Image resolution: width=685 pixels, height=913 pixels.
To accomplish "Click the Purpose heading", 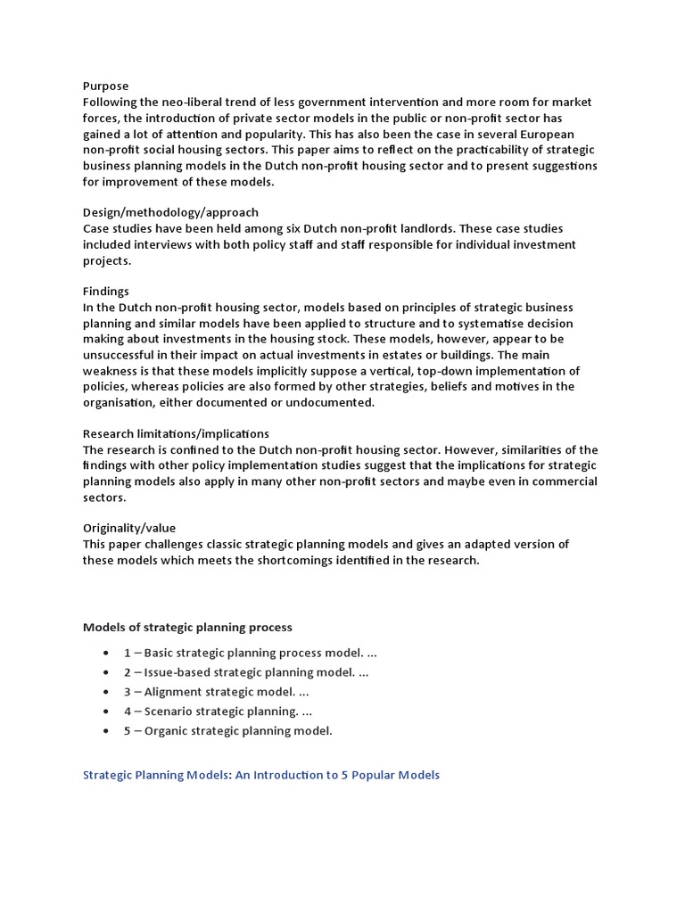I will [x=105, y=86].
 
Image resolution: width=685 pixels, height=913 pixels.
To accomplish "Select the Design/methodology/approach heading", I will [x=170, y=212].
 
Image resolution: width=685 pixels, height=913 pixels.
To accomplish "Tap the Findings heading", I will [x=106, y=292].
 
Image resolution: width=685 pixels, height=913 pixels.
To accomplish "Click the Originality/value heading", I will [x=135, y=528].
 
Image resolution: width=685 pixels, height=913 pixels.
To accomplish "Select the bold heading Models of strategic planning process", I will [x=187, y=628].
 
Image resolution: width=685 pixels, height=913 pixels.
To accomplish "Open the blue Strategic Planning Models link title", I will [x=261, y=775].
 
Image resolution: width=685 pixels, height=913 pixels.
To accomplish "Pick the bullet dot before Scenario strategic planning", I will [x=107, y=711].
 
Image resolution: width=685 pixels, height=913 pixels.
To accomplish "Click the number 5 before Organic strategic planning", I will [x=128, y=731].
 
